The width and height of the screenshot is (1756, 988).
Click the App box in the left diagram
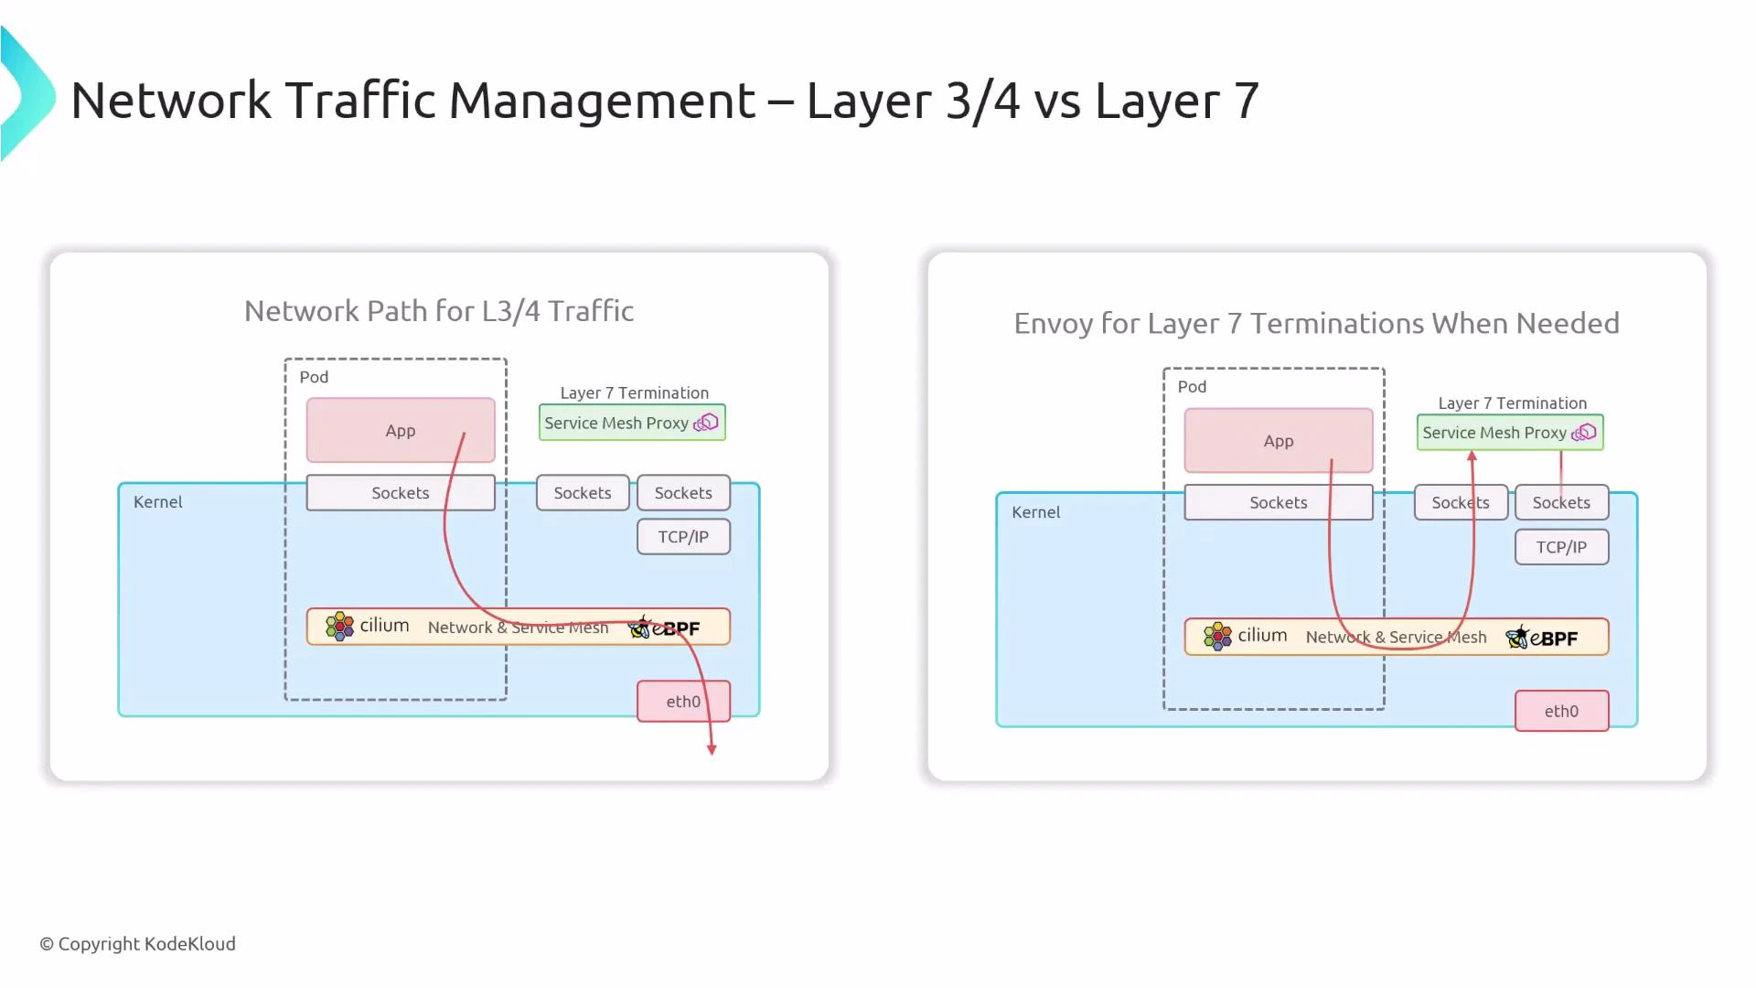400,430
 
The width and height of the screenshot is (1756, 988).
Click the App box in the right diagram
1278,441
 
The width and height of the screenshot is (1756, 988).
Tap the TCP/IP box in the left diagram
683,537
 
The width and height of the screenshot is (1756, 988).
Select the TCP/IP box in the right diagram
1561,547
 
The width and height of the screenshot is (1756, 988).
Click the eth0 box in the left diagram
682,702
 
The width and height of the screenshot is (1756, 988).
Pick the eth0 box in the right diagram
1561,712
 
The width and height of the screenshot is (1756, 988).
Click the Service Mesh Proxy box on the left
631,423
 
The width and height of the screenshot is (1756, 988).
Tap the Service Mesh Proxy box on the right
1509,433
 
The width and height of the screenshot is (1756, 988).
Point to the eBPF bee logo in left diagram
640,628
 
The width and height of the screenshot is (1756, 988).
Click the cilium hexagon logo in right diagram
1217,637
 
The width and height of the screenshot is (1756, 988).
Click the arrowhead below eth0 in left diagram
712,749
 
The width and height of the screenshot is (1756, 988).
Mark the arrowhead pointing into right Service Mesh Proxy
1472,456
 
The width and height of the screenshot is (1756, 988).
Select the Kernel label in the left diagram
157,502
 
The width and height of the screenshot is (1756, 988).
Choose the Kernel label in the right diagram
1035,512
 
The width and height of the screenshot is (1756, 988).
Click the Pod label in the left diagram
314,377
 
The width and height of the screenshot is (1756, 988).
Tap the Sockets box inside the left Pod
400,493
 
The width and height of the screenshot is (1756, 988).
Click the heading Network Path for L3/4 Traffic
439,311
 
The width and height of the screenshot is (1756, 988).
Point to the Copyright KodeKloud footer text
137,944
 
